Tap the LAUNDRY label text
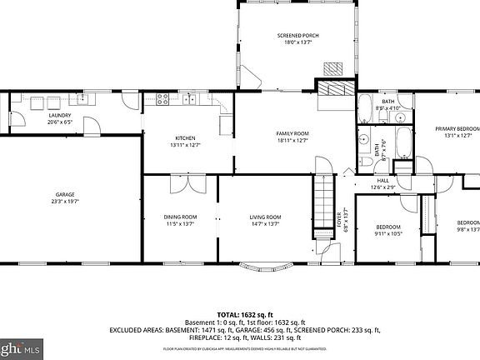tap(59, 116)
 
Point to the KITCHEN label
tap(184, 137)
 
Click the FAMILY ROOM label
tap(292, 133)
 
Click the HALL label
tap(382, 180)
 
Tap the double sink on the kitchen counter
tap(190, 101)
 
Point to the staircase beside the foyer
tap(322, 202)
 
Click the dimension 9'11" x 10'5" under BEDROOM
tap(387, 234)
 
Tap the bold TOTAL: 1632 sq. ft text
tap(239, 314)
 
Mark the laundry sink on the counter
tap(37, 102)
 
